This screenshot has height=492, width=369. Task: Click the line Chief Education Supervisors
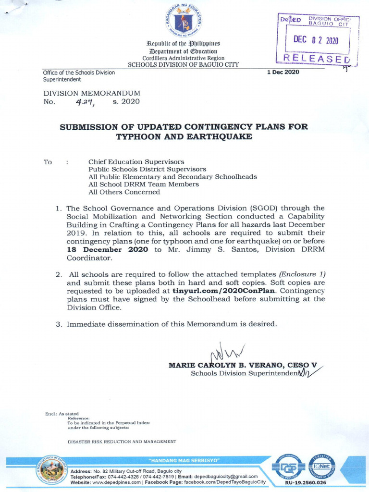point(136,162)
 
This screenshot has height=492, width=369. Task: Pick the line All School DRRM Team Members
point(143,184)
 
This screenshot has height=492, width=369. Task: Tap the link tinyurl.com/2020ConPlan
point(225,291)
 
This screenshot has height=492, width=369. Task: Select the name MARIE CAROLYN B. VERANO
point(226,365)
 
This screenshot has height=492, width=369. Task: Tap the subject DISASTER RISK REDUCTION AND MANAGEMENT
point(122,441)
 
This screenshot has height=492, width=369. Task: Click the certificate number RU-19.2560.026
point(306,482)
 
